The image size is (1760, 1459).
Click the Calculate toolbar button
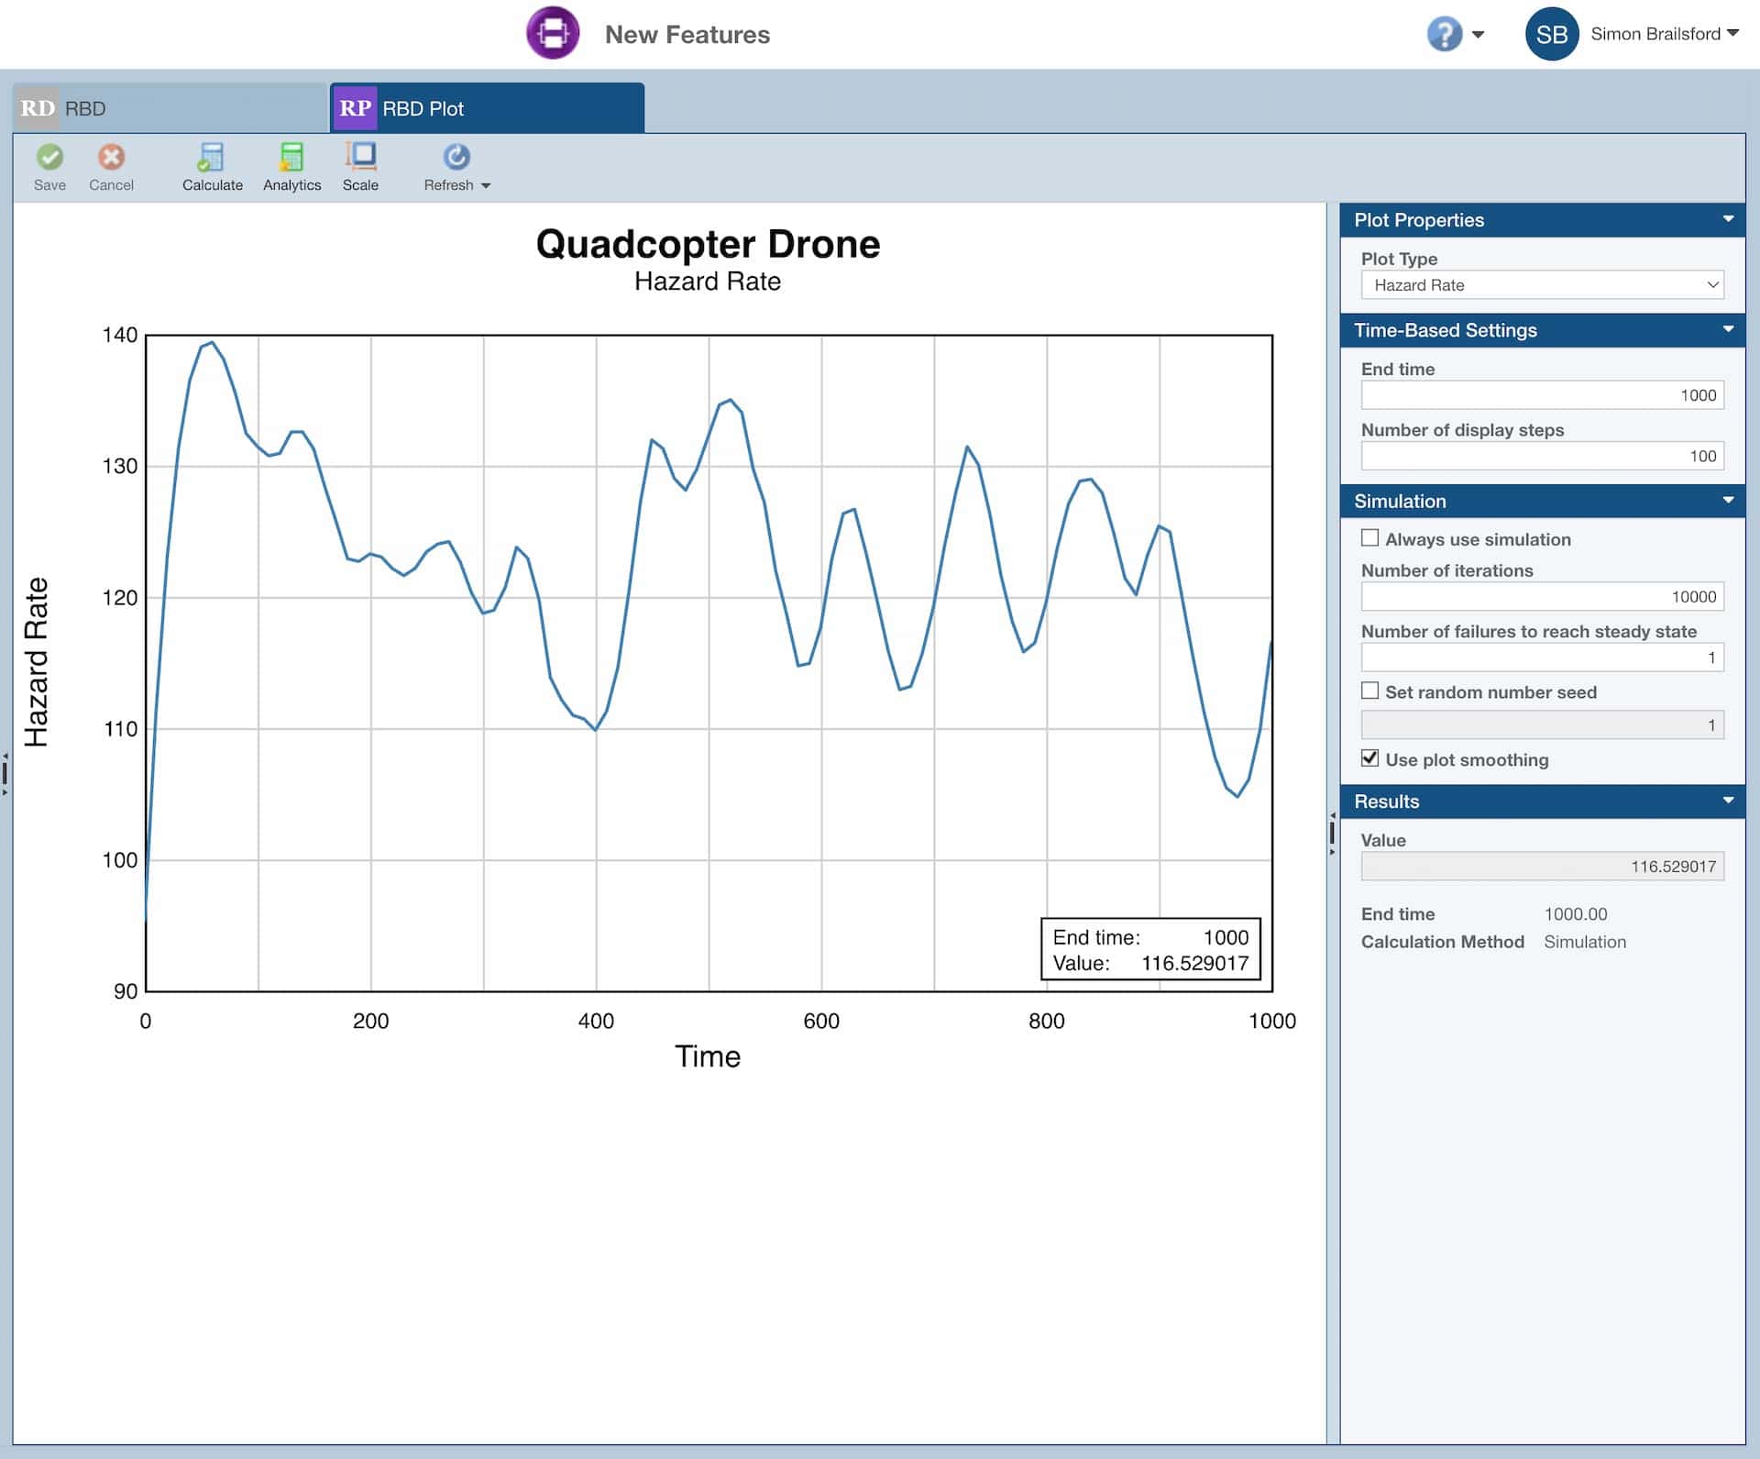[212, 167]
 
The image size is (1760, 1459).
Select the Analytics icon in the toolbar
[291, 167]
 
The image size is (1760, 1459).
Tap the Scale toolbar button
[360, 167]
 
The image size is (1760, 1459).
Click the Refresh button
[456, 167]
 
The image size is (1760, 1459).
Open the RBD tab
[170, 108]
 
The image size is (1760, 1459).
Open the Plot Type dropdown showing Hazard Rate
[1542, 285]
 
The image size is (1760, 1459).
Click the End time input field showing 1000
[1542, 395]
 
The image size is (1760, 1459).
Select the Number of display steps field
[1542, 456]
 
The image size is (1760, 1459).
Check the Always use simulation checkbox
[1369, 538]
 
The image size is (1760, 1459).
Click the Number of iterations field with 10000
[1542, 597]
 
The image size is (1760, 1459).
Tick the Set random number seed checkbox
[1369, 691]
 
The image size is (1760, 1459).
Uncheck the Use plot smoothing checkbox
[1369, 758]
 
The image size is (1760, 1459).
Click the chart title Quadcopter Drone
[708, 245]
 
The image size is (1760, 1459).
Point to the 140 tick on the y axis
[120, 336]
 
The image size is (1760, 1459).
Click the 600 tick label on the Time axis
[820, 1021]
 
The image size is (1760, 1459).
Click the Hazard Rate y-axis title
[36, 662]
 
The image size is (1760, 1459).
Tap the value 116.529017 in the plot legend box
[1194, 963]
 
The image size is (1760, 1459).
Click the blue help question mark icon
[1444, 35]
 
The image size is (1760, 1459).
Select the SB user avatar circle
[1551, 35]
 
